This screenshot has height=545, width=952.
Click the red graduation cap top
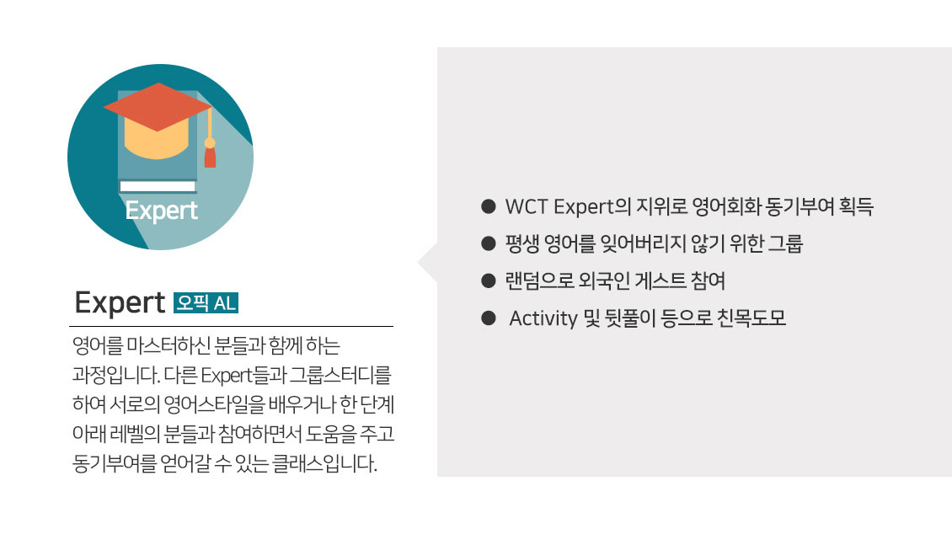(x=158, y=107)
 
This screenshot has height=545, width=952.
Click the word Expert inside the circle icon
(x=162, y=211)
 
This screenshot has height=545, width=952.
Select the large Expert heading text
(x=120, y=302)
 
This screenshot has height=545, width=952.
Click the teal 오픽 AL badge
(x=206, y=303)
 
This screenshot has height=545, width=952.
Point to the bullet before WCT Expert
(x=488, y=206)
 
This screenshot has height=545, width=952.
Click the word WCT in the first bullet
(x=527, y=206)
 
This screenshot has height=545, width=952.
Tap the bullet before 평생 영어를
(x=488, y=243)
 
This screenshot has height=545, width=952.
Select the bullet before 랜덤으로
(x=488, y=281)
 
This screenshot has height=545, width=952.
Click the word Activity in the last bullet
(x=543, y=318)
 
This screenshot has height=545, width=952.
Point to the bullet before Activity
(x=488, y=318)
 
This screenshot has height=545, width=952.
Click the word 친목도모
(x=751, y=318)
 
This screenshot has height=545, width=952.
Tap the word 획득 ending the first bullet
(x=856, y=206)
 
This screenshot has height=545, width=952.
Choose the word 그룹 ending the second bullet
(x=786, y=243)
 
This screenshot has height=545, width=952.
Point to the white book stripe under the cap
(x=158, y=186)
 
